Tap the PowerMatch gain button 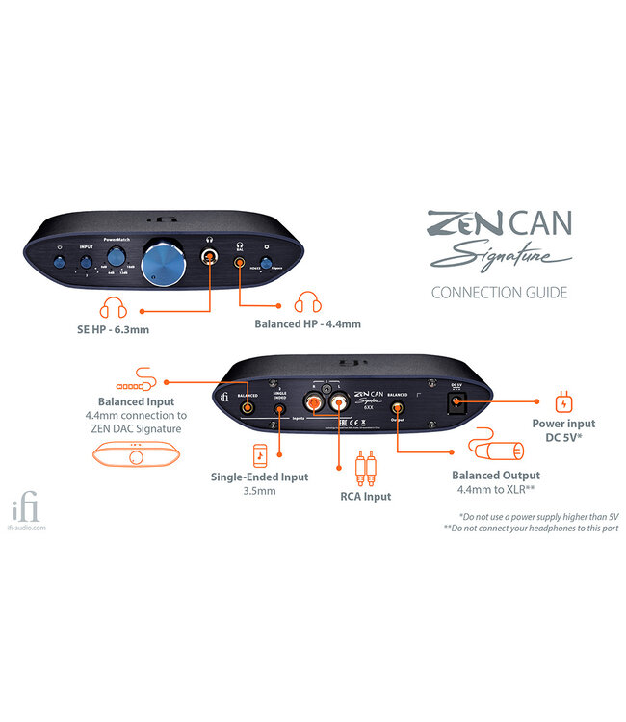117,256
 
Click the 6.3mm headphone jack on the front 208,256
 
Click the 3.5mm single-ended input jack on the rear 278,408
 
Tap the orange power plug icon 565,399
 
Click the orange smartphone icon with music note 260,455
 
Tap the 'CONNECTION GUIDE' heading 499,292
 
